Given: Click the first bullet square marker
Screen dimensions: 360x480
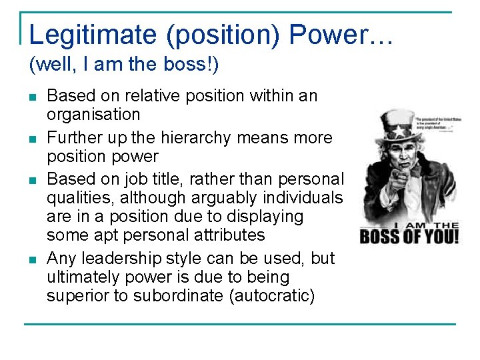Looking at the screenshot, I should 33,97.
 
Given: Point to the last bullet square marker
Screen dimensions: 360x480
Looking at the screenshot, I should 33,259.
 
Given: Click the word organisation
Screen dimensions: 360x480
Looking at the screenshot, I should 93,115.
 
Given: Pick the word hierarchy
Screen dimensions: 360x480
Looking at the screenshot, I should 204,138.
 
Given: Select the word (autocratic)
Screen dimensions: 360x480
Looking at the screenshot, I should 271,295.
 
